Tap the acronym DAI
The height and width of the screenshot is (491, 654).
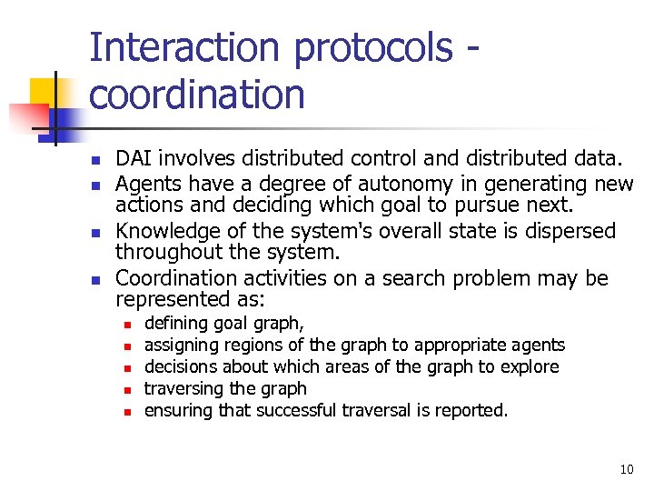pos(134,160)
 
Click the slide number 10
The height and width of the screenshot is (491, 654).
pos(626,470)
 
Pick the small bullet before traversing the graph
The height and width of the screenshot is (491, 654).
pos(128,389)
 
